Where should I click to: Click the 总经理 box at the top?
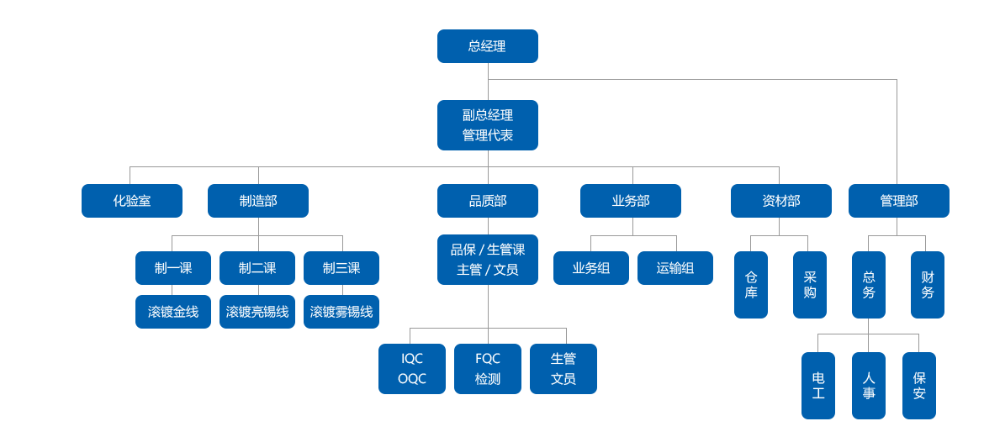coord(487,46)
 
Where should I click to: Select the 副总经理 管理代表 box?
coord(487,125)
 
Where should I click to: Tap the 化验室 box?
coord(132,201)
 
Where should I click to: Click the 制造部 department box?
coord(258,201)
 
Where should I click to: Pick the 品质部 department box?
coord(487,201)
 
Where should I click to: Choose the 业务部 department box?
coord(631,201)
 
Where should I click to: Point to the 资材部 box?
coord(780,201)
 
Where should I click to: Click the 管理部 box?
coord(898,201)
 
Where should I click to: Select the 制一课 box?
coord(173,268)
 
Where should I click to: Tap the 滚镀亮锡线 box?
coord(257,312)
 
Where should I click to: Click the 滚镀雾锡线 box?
coord(341,312)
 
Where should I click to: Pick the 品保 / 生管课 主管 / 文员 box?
coord(487,260)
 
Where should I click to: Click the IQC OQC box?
coord(412,369)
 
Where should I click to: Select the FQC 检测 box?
coord(487,369)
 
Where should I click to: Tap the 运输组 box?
coord(675,268)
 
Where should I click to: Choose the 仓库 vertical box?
coord(751,285)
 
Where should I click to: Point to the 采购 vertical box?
coord(810,285)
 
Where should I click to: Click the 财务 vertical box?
coord(928,285)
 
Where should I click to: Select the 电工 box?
coord(818,386)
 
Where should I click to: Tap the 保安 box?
coord(919,386)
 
